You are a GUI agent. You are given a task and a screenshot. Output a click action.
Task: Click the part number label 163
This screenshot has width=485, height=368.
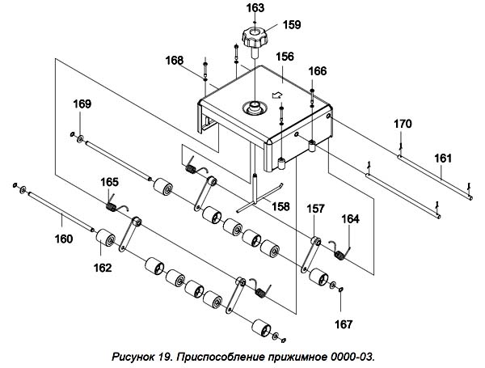255,8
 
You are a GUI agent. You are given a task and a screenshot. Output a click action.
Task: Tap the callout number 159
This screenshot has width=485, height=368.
292,25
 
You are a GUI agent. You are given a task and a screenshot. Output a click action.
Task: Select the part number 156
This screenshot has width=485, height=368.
285,57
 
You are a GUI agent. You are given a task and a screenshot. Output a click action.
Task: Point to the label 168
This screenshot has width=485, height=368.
174,61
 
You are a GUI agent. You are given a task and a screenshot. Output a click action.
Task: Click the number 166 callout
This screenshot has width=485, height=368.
318,71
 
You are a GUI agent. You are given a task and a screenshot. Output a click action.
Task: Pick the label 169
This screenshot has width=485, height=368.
82,104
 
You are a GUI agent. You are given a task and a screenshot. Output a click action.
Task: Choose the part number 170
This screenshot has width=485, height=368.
403,124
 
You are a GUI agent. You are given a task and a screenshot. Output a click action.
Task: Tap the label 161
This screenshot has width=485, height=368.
443,159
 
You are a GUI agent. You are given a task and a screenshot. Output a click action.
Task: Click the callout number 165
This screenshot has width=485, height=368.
109,182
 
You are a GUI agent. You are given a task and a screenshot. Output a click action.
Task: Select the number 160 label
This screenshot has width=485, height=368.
64,239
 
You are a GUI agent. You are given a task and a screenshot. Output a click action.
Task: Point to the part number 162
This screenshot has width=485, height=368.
103,268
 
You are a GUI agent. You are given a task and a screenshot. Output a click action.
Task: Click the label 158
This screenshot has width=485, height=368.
280,206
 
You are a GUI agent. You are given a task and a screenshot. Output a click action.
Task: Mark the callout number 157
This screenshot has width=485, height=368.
315,209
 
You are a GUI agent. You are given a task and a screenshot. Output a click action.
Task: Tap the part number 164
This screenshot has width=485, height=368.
351,219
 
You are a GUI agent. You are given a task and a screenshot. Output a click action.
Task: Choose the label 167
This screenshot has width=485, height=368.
344,324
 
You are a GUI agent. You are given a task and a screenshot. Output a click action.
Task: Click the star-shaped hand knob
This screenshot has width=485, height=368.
255,38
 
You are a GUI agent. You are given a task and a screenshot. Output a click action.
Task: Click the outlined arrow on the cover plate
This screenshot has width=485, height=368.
276,95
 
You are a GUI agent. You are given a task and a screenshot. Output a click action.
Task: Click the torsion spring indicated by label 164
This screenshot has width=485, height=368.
339,252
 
